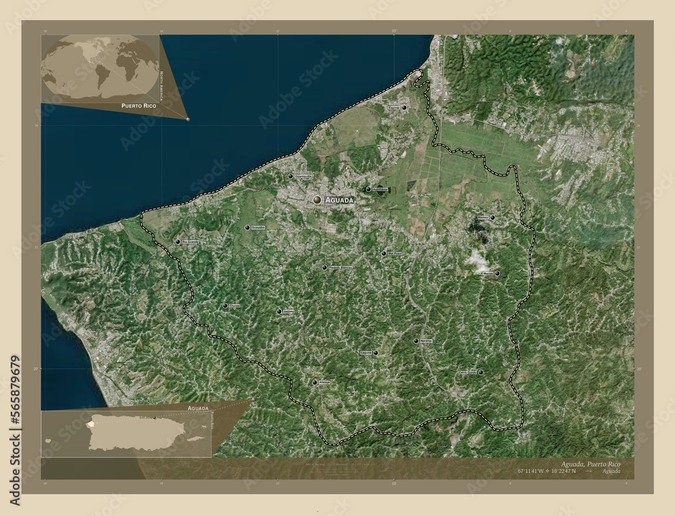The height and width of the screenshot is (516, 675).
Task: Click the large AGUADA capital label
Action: click(x=339, y=200)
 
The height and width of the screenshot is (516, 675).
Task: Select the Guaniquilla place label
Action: click(x=302, y=177)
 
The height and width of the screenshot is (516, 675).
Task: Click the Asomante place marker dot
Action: click(x=368, y=190)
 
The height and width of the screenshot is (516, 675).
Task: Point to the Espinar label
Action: click(x=393, y=108)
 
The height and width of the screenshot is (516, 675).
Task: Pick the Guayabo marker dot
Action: click(x=248, y=228)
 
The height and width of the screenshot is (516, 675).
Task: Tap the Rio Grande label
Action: click(x=190, y=241)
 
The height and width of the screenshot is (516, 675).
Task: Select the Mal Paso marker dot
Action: click(x=383, y=254)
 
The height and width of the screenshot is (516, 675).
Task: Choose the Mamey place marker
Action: click(x=492, y=218)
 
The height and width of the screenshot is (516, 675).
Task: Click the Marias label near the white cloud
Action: click(x=487, y=274)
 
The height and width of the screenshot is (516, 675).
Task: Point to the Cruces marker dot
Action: click(x=225, y=306)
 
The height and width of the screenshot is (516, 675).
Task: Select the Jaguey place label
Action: click(x=288, y=312)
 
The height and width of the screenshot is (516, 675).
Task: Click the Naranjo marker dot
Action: click(x=415, y=341)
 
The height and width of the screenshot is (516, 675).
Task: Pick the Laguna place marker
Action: click(x=375, y=353)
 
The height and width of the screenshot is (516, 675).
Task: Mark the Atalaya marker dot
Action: click(x=315, y=382)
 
